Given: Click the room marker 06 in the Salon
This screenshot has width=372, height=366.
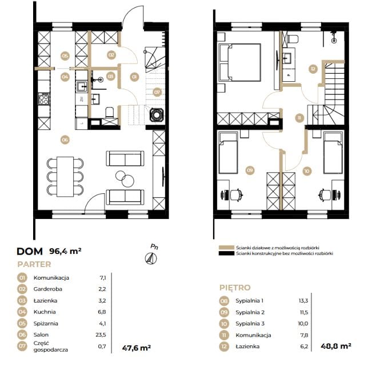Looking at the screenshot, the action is [65, 140].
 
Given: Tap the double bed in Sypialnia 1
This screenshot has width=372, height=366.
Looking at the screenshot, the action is [239, 62].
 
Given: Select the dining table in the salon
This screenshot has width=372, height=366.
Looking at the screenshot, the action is [65, 176].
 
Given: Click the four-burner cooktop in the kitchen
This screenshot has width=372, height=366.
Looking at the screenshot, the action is [44, 99].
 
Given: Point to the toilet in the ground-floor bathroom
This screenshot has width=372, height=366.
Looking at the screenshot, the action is [109, 113].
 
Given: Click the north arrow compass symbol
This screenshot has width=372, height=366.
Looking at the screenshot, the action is [151, 258].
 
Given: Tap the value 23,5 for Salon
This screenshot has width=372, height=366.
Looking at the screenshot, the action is [101, 335].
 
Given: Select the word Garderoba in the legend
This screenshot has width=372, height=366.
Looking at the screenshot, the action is [47, 289].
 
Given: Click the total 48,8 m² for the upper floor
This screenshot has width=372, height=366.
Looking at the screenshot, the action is [335, 346].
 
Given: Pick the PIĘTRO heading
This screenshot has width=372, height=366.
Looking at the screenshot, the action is [235, 288].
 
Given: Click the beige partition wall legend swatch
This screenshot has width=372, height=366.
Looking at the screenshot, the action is [226, 248].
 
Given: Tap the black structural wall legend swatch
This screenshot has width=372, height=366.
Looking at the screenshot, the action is [226, 253].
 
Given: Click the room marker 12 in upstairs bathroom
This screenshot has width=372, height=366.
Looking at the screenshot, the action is [313, 69].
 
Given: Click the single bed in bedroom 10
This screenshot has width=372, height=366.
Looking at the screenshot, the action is [333, 153].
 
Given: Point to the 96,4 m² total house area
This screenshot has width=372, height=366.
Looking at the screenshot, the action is [65, 251].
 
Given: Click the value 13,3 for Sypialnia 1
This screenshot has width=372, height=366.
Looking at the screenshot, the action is [303, 301].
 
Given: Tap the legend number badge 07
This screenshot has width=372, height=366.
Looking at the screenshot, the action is [22, 346].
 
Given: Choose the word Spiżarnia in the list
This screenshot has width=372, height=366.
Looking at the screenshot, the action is [46, 324].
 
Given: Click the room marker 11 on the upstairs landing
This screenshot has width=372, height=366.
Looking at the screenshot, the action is [299, 118].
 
